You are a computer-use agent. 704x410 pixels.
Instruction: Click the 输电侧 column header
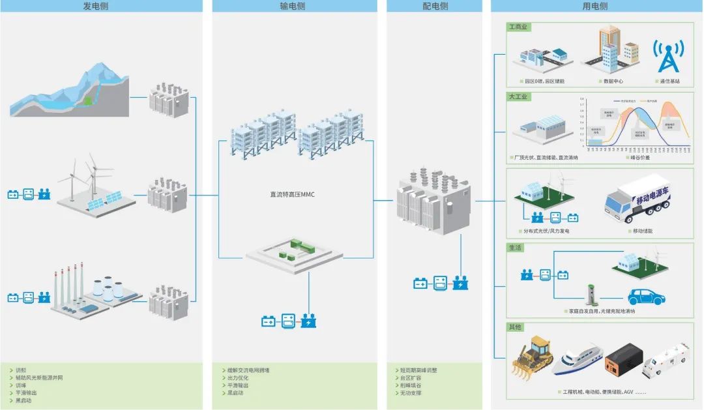coord(292,6)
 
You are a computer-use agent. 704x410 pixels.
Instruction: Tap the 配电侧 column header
coord(435,6)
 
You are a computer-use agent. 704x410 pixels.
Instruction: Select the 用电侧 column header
coord(594,6)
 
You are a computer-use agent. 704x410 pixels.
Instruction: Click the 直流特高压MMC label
coord(292,194)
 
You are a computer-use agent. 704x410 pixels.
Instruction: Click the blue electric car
coord(645,297)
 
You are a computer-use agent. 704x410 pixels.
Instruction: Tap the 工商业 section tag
coord(518,27)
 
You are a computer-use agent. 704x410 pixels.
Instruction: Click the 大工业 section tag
coord(519,96)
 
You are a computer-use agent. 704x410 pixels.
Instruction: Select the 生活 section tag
coord(515,248)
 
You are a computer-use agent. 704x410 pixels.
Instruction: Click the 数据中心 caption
coord(612,81)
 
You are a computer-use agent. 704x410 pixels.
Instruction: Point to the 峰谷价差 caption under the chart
coord(639,157)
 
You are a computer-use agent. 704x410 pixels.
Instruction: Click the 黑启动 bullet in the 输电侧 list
coord(236,393)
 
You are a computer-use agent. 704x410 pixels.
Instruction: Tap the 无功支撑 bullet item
coord(411,393)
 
